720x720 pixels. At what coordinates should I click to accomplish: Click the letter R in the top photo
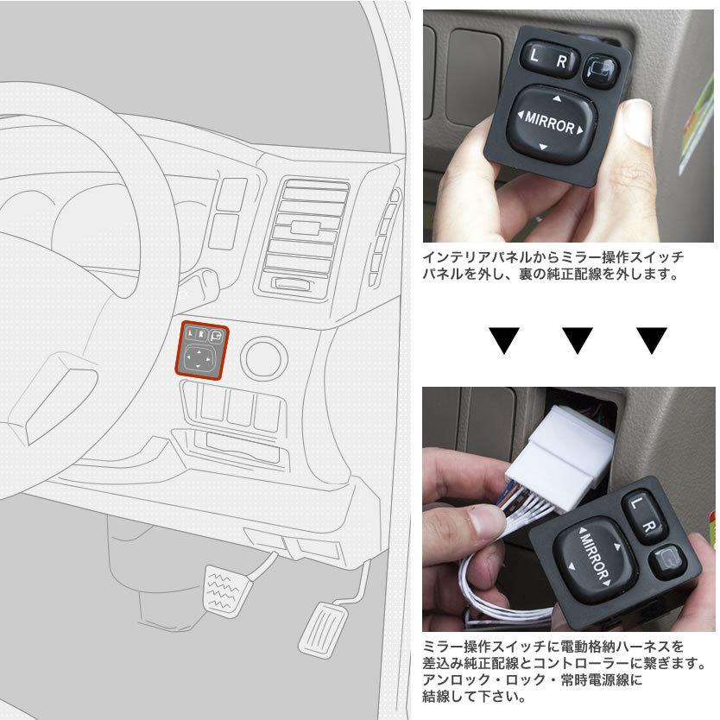pos(561,61)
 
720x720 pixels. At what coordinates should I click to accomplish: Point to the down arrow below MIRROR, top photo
pos(544,147)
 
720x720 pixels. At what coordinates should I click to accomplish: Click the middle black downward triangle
pos(577,341)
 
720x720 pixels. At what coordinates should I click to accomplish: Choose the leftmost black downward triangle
pos(503,341)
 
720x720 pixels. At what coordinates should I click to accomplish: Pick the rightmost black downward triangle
pos(651,341)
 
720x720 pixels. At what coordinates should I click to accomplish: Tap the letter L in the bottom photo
pos(636,502)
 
